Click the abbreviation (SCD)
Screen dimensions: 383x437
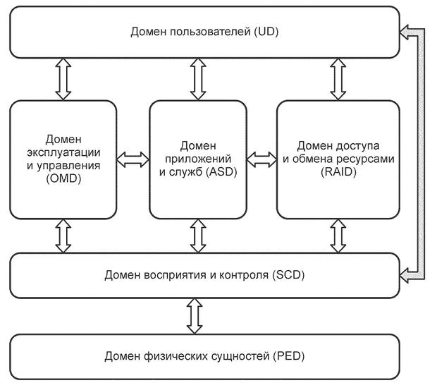pyautogui.click(x=288, y=274)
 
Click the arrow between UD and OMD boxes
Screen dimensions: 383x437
pyautogui.click(x=63, y=79)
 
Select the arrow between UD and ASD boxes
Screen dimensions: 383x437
pyautogui.click(x=198, y=79)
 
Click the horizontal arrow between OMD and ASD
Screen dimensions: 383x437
pyautogui.click(x=133, y=158)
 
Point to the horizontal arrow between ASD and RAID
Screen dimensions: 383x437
pyautogui.click(x=261, y=158)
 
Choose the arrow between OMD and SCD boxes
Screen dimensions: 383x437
pyautogui.click(x=63, y=236)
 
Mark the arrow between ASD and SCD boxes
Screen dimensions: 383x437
pyautogui.click(x=198, y=236)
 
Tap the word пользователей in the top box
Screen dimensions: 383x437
pyautogui.click(x=204, y=32)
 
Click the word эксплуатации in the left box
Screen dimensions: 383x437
pyautogui.click(x=63, y=153)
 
